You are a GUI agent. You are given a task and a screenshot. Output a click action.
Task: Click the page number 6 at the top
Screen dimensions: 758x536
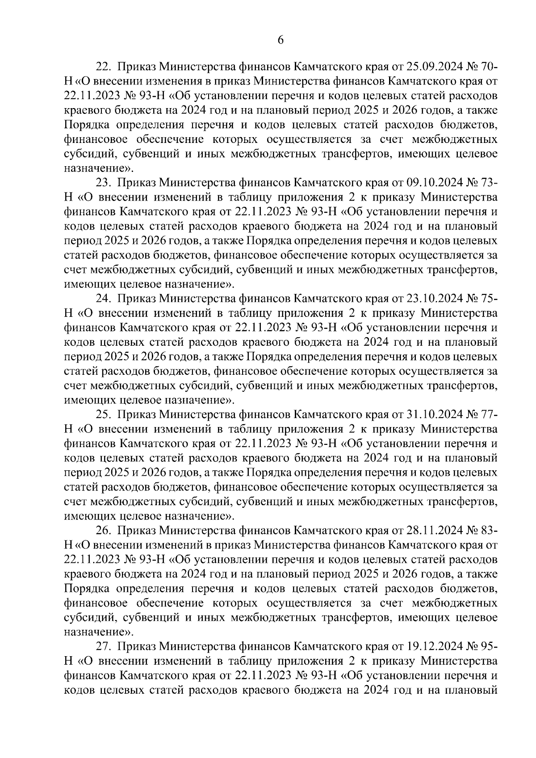[x=281, y=40]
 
